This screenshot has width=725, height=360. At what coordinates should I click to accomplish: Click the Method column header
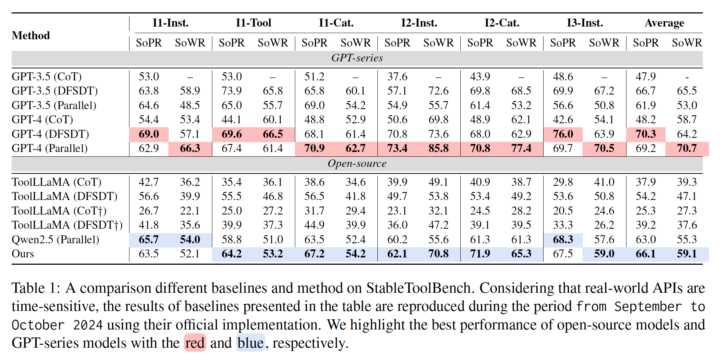[31, 35]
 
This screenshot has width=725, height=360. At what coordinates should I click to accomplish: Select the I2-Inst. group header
[419, 23]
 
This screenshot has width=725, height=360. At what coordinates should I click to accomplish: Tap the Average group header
[664, 23]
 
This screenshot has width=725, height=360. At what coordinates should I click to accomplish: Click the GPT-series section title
[357, 58]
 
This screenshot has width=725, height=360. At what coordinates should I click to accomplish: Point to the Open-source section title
[357, 163]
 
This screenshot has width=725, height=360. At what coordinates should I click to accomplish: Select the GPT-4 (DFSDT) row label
[50, 134]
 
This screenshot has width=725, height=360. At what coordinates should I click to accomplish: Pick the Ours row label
[23, 254]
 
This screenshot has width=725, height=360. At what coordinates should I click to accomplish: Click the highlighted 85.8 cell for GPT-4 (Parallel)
[438, 148]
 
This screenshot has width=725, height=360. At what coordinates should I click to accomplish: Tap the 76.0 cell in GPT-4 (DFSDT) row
[563, 134]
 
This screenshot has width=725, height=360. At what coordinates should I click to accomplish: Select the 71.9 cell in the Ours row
[480, 254]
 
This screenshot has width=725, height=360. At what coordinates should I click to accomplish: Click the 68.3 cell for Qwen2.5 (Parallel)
[563, 239]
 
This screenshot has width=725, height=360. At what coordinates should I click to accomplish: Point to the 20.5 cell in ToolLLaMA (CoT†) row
[563, 211]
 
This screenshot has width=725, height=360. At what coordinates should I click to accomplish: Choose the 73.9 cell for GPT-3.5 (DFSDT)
[232, 91]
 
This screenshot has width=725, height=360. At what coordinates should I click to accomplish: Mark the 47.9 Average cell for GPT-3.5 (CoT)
[645, 76]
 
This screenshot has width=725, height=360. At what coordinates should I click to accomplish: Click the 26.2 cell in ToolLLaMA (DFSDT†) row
[604, 225]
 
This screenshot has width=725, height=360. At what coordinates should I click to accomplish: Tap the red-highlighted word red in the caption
[195, 343]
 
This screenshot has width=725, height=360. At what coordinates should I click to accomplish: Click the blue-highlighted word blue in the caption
[251, 343]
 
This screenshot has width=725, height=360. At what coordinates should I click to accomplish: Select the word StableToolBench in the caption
[418, 288]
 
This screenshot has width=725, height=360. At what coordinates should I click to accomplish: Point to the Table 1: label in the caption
[36, 288]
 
